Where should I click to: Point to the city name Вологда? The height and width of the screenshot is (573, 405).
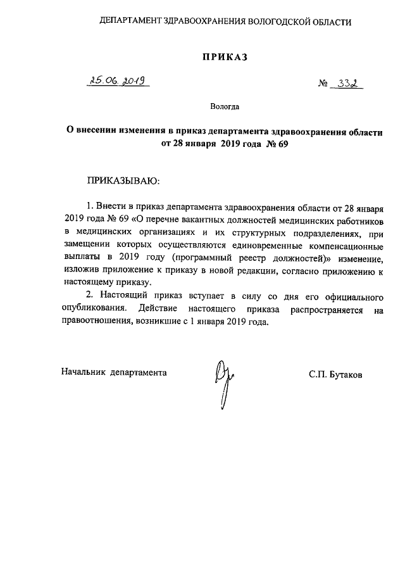tap(225, 108)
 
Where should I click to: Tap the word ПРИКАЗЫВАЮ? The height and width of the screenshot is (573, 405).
tap(123, 181)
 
